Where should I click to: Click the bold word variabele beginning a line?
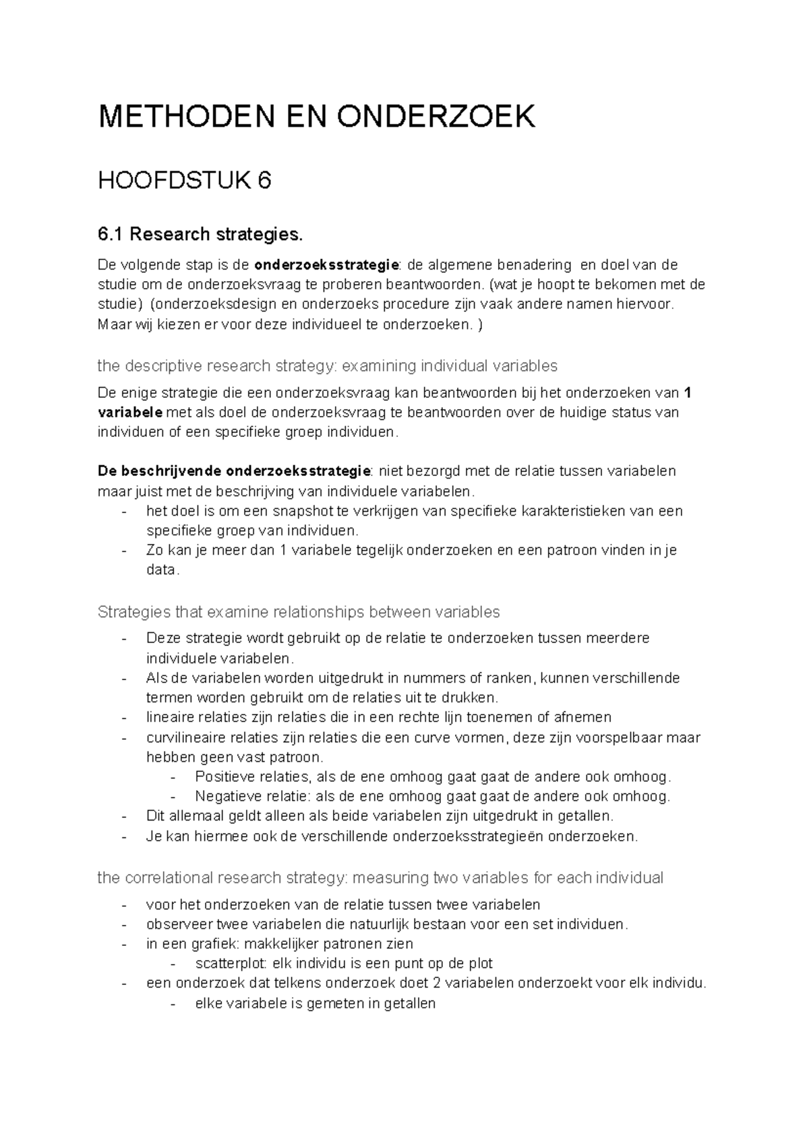(129, 412)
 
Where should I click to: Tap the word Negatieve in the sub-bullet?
(224, 796)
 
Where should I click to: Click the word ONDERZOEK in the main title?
(437, 117)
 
